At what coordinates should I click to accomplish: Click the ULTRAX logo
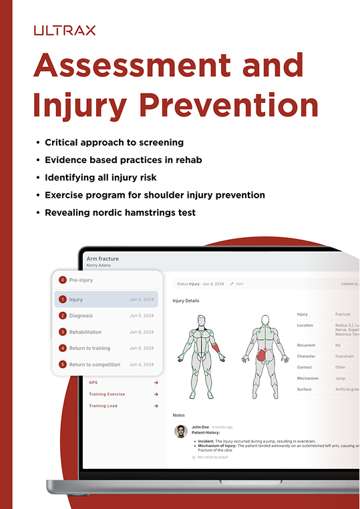tap(65, 30)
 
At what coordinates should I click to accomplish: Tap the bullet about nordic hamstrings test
tap(120, 212)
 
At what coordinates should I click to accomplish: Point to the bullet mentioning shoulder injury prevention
tap(155, 195)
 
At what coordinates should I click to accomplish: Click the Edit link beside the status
tap(239, 284)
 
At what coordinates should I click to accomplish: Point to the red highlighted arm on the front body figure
tap(218, 346)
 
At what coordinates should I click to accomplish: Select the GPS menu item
tap(94, 383)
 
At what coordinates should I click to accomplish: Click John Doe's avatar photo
tap(180, 431)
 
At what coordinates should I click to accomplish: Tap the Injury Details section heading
tap(186, 301)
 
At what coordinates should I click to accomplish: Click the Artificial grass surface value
tap(347, 389)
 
